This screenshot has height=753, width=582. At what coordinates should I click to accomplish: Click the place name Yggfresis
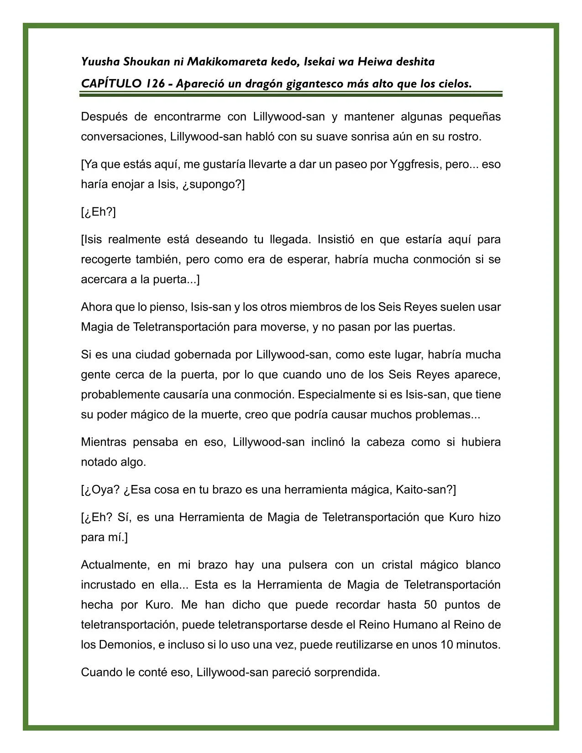point(416,164)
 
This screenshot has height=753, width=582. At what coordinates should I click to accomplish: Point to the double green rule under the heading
point(291,94)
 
